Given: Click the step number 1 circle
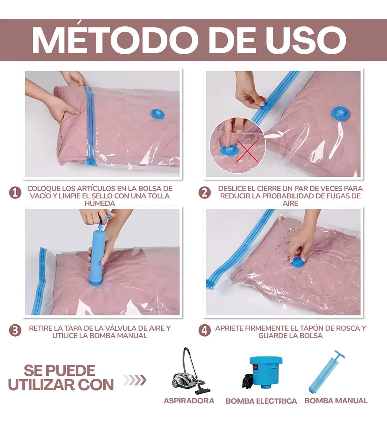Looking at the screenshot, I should (15, 193).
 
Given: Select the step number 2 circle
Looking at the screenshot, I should (204, 193).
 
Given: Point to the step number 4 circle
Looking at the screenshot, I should (204, 331).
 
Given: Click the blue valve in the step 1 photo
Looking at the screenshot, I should (157, 114).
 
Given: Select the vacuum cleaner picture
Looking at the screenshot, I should (189, 372).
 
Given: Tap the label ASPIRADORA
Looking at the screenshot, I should (189, 401).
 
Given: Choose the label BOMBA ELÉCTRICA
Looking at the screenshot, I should (261, 401).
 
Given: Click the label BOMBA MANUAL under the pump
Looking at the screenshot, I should (336, 401).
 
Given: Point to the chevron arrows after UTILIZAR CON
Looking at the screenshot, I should (135, 380).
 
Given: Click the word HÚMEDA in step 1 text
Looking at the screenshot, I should (100, 203).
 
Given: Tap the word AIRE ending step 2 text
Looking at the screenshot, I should (290, 203).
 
